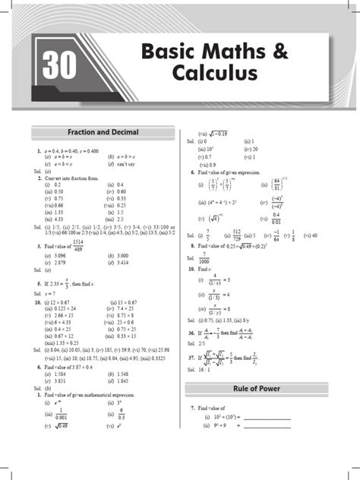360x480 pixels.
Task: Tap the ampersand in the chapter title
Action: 279,52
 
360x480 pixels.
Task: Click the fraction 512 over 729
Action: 236,236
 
